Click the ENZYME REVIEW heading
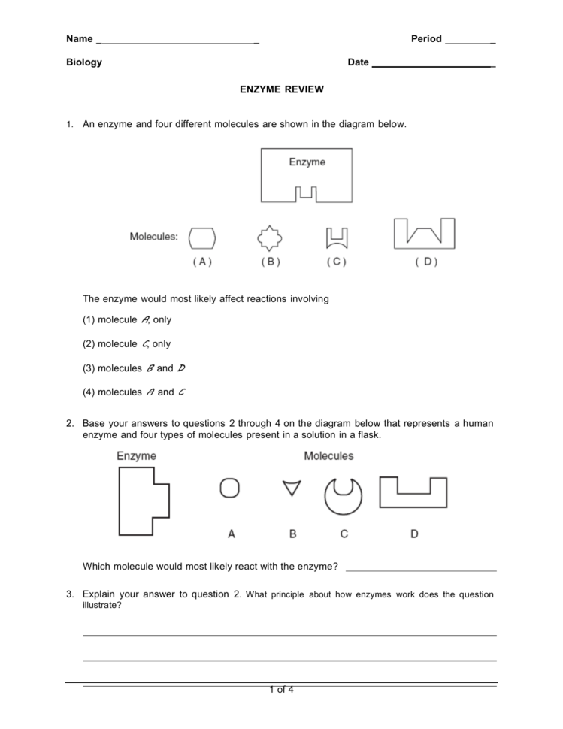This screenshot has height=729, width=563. (281, 89)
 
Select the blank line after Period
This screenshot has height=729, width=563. (470, 41)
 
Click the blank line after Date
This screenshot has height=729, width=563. (433, 65)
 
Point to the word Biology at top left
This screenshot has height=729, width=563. (84, 62)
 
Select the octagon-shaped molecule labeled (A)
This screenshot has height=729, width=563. (202, 238)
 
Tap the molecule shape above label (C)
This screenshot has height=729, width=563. (336, 238)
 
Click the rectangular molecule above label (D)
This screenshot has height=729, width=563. (425, 234)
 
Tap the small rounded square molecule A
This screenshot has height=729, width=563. (230, 489)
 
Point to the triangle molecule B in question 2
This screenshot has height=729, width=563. (292, 489)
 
